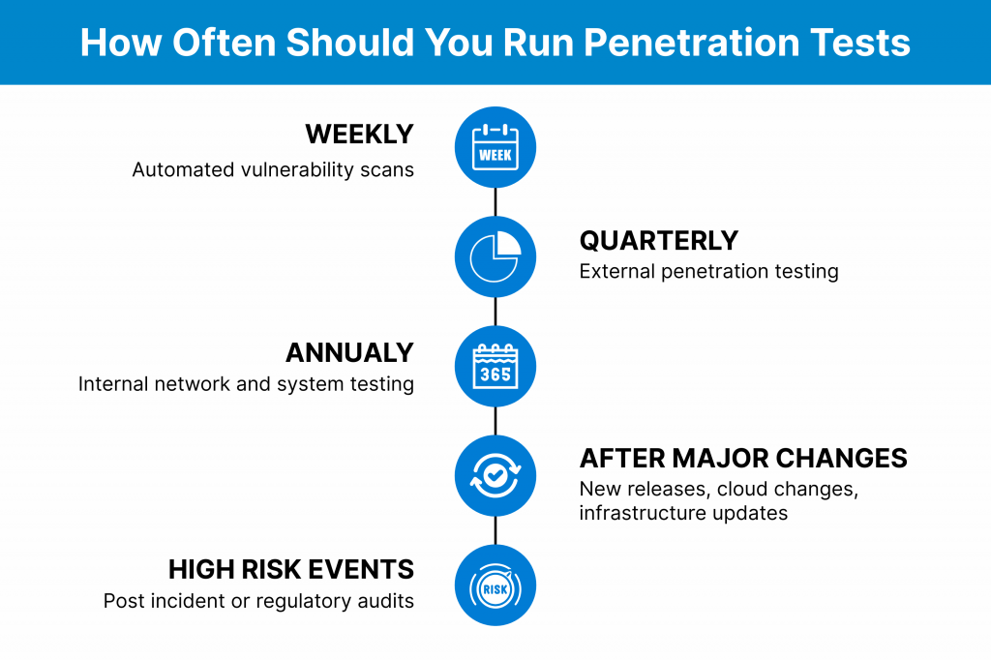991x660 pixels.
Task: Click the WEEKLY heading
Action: click(x=360, y=134)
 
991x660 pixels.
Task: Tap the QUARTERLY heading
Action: click(x=658, y=241)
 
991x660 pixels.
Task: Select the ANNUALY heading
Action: click(x=349, y=353)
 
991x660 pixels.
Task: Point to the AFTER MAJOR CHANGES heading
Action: click(x=743, y=459)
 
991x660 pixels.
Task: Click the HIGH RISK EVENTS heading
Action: click(x=290, y=570)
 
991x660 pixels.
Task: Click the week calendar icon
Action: click(x=495, y=147)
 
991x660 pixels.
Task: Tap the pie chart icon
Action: click(x=495, y=256)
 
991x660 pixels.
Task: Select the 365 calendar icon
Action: click(x=495, y=367)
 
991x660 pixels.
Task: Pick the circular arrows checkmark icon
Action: click(x=495, y=475)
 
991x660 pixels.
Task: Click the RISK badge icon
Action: click(x=495, y=588)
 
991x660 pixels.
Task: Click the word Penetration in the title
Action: click(x=692, y=43)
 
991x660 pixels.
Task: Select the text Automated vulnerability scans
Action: click(x=273, y=170)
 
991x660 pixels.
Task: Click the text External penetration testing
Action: click(x=709, y=271)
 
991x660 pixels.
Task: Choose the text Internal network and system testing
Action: click(x=246, y=384)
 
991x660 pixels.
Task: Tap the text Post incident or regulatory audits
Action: click(x=258, y=601)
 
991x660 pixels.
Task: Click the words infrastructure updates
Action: click(x=683, y=513)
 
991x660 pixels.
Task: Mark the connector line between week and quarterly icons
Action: click(x=495, y=202)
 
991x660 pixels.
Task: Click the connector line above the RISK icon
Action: click(x=495, y=530)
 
